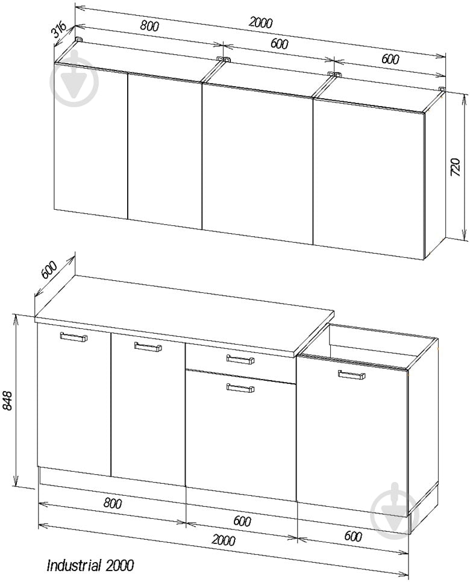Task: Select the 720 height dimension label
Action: (x=455, y=167)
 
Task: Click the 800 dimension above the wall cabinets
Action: (x=149, y=26)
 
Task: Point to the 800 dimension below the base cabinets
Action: (x=112, y=503)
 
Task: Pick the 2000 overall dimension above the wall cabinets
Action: (x=261, y=23)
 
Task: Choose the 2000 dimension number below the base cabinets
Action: (x=223, y=539)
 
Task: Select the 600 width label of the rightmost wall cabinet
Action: (x=390, y=59)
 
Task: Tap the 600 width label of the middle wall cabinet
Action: (x=279, y=43)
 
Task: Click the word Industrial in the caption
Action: (x=74, y=565)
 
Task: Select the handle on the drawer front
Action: (x=240, y=359)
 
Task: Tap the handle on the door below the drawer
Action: (x=240, y=387)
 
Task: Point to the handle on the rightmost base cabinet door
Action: (x=351, y=375)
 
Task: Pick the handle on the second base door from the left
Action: (x=148, y=346)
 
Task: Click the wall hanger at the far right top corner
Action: (x=442, y=89)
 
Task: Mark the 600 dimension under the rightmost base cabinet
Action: (x=353, y=536)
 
